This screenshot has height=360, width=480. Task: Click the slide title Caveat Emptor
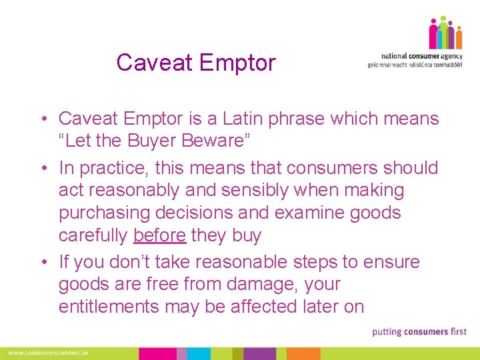195,63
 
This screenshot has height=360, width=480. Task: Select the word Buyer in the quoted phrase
149,141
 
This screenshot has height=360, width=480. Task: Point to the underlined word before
160,235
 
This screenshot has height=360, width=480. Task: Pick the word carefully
93,235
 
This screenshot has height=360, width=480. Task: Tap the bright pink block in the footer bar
158,353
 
